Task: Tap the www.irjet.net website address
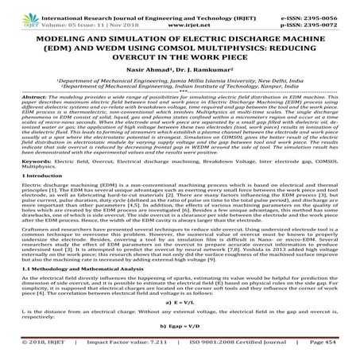tap(179, 14)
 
